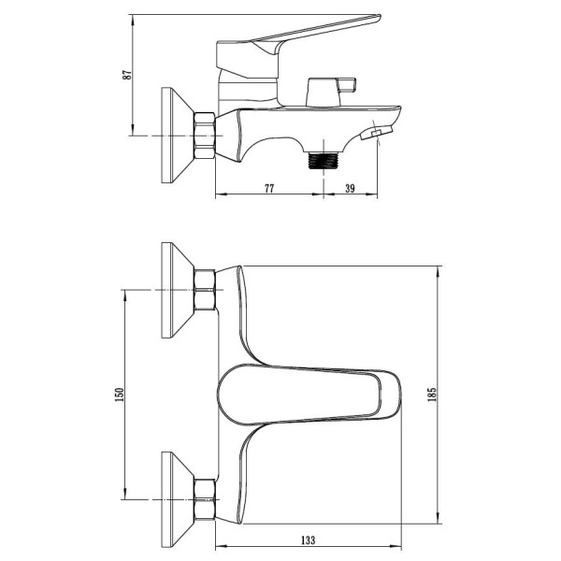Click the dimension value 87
tap(127, 75)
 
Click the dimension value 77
tap(269, 188)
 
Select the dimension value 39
tap(350, 188)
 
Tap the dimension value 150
tap(119, 395)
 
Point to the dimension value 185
tap(432, 395)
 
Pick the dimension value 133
tap(308, 539)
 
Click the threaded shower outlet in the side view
tap(324, 160)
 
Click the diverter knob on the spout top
tap(331, 92)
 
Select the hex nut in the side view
tap(205, 136)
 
